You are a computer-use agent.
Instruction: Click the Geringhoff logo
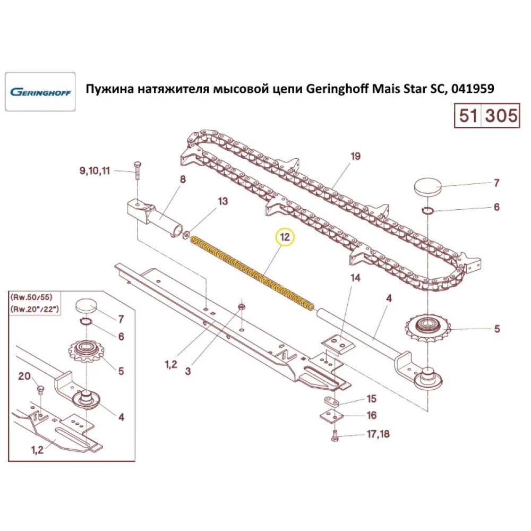click(40, 92)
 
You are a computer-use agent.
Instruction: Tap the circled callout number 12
click(286, 237)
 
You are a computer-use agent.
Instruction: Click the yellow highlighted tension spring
click(252, 273)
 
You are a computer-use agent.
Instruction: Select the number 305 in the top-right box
click(501, 115)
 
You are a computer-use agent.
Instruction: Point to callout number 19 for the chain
click(355, 156)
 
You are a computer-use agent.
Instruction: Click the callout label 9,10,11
click(95, 170)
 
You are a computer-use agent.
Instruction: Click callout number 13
click(222, 201)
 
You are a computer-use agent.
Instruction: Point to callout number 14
click(355, 278)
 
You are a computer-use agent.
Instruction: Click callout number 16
click(372, 415)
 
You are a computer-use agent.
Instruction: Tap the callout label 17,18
click(378, 434)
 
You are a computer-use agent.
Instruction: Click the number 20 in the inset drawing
click(24, 376)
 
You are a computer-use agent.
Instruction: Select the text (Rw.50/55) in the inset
click(31, 297)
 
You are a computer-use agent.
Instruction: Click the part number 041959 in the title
click(473, 89)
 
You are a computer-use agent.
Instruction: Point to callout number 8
click(183, 179)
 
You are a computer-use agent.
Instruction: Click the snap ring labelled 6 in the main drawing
click(427, 211)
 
